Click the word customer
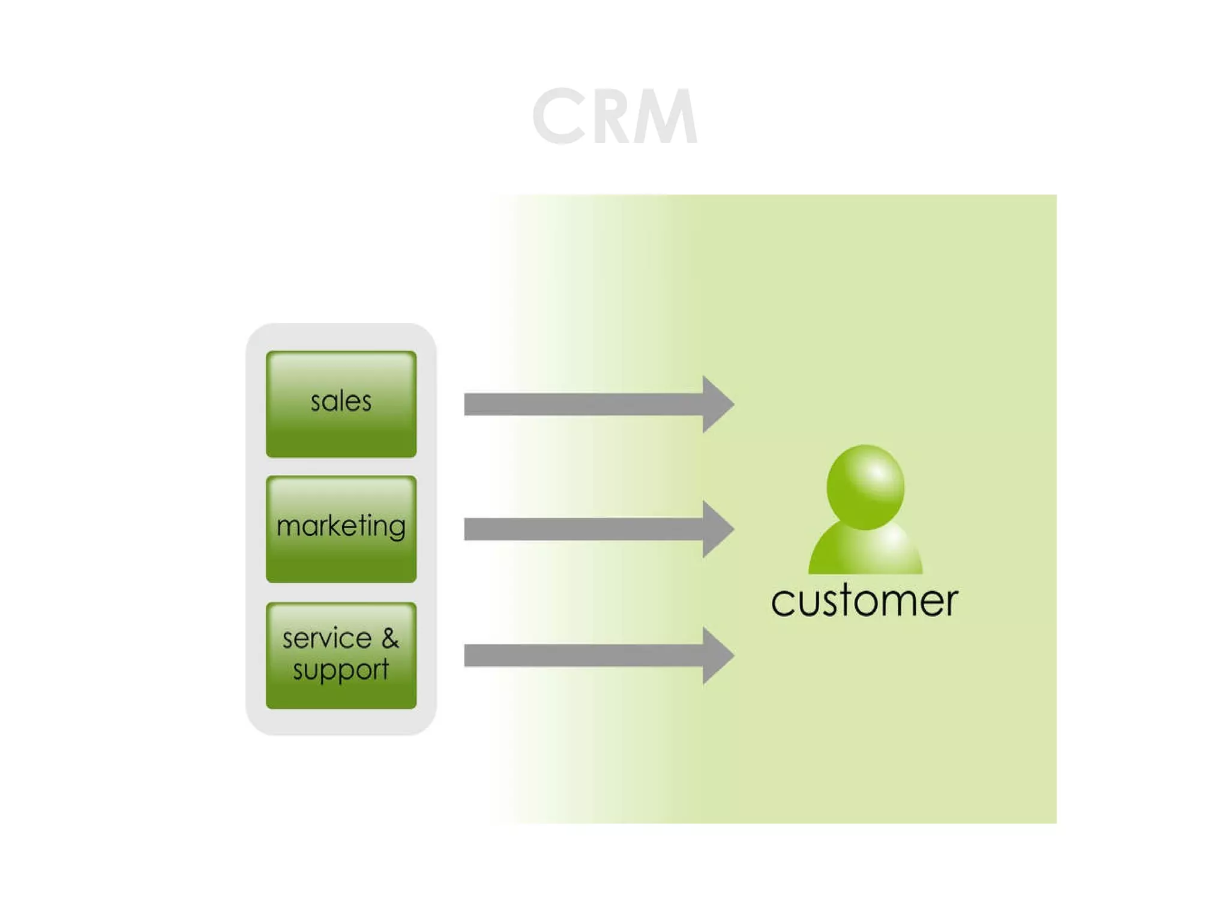(x=864, y=601)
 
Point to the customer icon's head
(x=865, y=487)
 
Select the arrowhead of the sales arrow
(x=718, y=404)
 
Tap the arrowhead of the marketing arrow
(x=718, y=529)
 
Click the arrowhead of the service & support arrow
(x=718, y=655)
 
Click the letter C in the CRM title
(x=558, y=116)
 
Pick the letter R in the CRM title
(x=615, y=116)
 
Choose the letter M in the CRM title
(x=669, y=116)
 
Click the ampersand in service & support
(x=390, y=638)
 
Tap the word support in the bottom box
(x=340, y=670)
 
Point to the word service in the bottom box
(x=327, y=638)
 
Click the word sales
(x=341, y=401)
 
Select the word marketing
(x=341, y=526)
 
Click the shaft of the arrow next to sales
(x=582, y=404)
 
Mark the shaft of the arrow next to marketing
(x=582, y=529)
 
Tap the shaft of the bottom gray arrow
(x=582, y=655)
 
